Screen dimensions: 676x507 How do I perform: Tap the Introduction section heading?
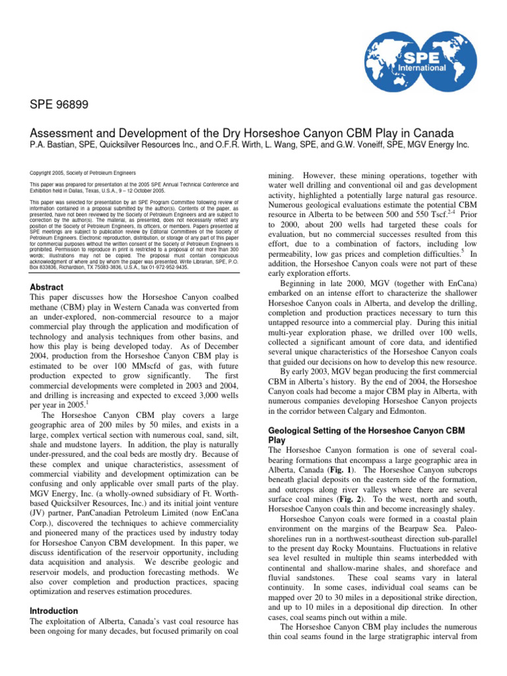tap(53, 611)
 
